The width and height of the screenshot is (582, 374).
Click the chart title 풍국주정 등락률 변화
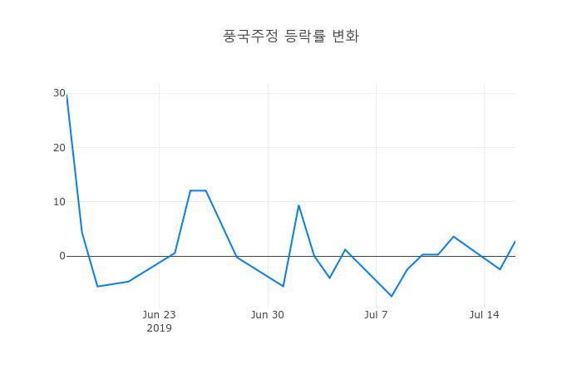(x=291, y=36)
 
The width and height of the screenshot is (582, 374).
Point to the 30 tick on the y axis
(x=59, y=93)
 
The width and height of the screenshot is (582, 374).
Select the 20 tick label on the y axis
(x=59, y=148)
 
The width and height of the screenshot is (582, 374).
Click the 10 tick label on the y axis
(x=59, y=202)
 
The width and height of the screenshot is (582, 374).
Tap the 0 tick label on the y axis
(x=62, y=256)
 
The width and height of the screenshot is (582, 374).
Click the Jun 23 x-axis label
(x=159, y=314)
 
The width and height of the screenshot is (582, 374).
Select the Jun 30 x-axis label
(x=268, y=314)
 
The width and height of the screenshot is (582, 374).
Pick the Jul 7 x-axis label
(x=376, y=314)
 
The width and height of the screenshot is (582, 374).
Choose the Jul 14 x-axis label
(x=484, y=314)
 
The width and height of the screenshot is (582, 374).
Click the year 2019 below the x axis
(x=159, y=328)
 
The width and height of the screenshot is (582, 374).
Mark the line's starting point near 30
(x=67, y=94)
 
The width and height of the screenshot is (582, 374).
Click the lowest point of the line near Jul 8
(x=392, y=296)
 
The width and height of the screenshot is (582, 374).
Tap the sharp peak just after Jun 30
(x=298, y=205)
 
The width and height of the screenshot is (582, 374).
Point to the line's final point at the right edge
(x=515, y=241)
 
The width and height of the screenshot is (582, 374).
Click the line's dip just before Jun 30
(x=284, y=286)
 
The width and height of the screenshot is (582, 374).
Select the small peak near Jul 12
(x=453, y=237)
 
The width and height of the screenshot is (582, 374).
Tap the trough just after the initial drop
(x=97, y=287)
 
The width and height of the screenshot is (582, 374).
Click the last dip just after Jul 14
(x=500, y=269)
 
